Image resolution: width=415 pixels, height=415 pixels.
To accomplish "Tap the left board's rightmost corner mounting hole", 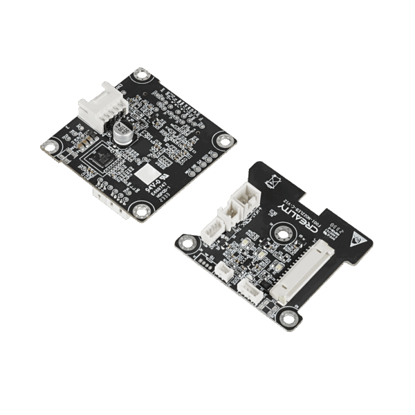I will [224, 140].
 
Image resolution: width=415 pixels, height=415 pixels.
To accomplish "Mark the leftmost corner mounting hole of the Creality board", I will [185, 241].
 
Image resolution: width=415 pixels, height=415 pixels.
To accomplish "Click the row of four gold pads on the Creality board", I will [202, 261].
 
